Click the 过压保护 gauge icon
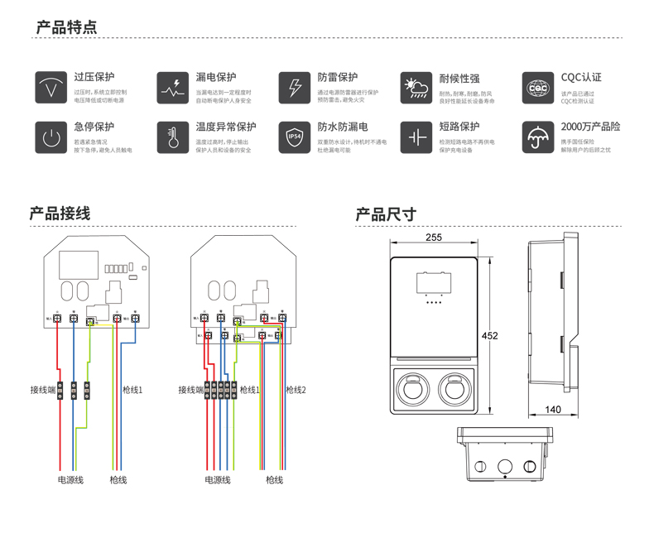(x=51, y=87)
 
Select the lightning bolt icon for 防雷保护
(x=296, y=87)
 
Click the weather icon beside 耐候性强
(x=417, y=87)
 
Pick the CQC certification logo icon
(x=539, y=87)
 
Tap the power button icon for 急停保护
(x=51, y=137)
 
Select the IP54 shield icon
(x=296, y=137)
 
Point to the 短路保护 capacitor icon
(x=417, y=137)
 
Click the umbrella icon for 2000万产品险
(x=539, y=137)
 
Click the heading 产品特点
(x=66, y=27)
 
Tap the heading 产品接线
(x=60, y=214)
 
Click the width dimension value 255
(x=433, y=238)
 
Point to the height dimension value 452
(x=491, y=335)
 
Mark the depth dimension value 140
(x=554, y=410)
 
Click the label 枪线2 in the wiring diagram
(x=296, y=390)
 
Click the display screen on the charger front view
(x=433, y=284)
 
